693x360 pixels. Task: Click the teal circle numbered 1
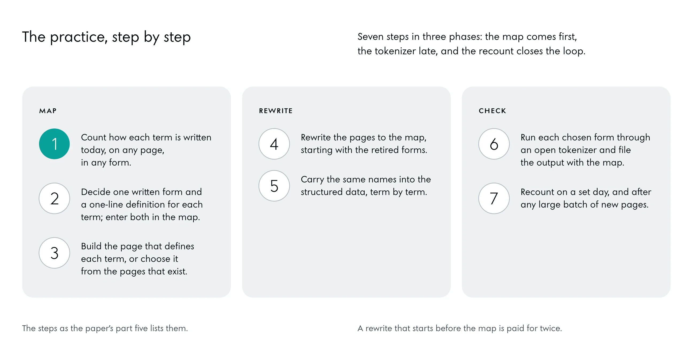pos(54,144)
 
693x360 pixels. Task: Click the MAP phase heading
pos(48,111)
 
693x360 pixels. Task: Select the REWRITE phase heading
pos(276,111)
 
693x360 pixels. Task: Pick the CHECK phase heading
pos(492,111)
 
